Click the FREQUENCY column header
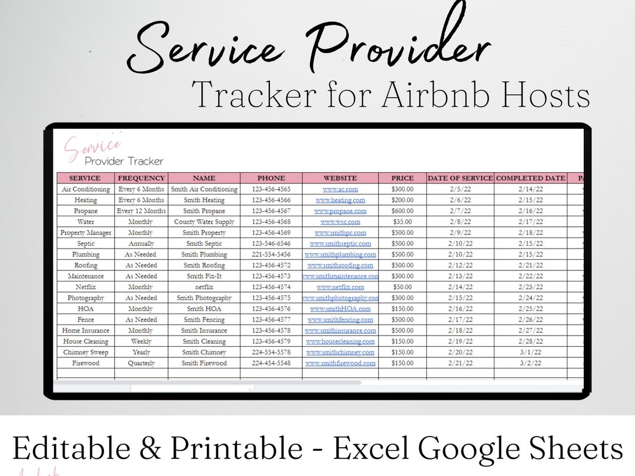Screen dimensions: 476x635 142,178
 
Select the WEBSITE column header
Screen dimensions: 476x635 340,178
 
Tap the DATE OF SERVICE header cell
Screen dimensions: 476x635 460,178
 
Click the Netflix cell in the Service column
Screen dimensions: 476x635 85,287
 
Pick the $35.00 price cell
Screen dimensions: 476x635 403,222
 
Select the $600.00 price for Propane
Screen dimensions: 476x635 403,211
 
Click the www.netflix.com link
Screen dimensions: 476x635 340,287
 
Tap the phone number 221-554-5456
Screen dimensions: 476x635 271,254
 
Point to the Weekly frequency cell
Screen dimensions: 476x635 142,341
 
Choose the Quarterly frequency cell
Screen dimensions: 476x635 142,363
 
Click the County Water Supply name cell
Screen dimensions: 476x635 204,222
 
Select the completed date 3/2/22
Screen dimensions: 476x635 530,363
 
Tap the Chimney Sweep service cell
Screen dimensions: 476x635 85,353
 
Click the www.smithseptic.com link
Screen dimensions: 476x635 340,244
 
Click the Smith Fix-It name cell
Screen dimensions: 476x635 204,276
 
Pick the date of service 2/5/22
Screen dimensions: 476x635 460,189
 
